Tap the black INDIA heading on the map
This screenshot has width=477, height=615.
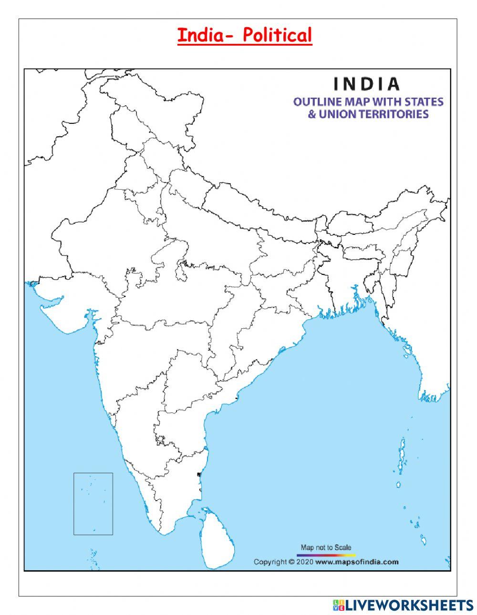[366, 84]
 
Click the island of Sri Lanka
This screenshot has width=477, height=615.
[218, 538]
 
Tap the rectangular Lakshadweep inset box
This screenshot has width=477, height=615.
[93, 504]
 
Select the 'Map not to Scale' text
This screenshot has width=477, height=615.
[326, 547]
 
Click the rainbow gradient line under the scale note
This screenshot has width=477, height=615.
[326, 555]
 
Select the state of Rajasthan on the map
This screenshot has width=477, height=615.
[105, 233]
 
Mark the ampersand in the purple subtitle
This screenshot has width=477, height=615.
[311, 114]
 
